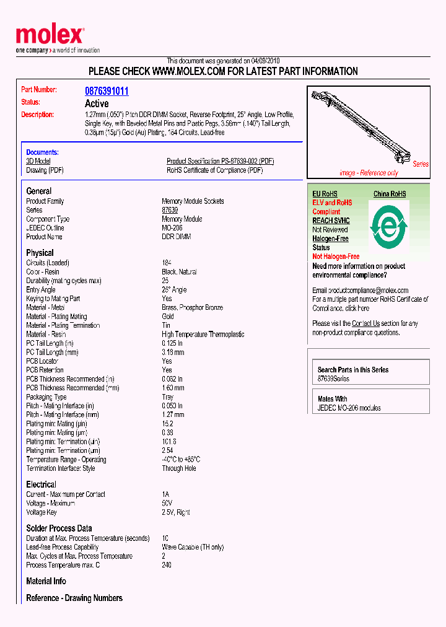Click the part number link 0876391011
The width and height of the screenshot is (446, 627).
[107, 91]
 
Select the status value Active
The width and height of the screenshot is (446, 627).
[97, 103]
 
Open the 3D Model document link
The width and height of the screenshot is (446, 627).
[38, 161]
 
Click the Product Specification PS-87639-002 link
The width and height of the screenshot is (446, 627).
[220, 161]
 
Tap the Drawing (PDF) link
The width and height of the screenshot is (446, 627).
[45, 170]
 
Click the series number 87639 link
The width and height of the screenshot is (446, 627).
[170, 210]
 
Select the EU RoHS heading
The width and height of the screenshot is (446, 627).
[325, 194]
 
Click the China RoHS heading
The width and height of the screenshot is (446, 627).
[390, 194]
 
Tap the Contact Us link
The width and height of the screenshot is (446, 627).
[365, 323]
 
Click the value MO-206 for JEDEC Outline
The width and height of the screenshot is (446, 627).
[173, 228]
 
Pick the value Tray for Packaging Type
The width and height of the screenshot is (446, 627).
[168, 397]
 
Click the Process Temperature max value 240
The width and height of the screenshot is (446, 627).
[167, 565]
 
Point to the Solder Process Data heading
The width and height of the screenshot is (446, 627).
[59, 528]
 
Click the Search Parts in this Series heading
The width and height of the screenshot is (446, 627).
[353, 370]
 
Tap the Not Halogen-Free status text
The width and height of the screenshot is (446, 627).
[336, 256]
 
